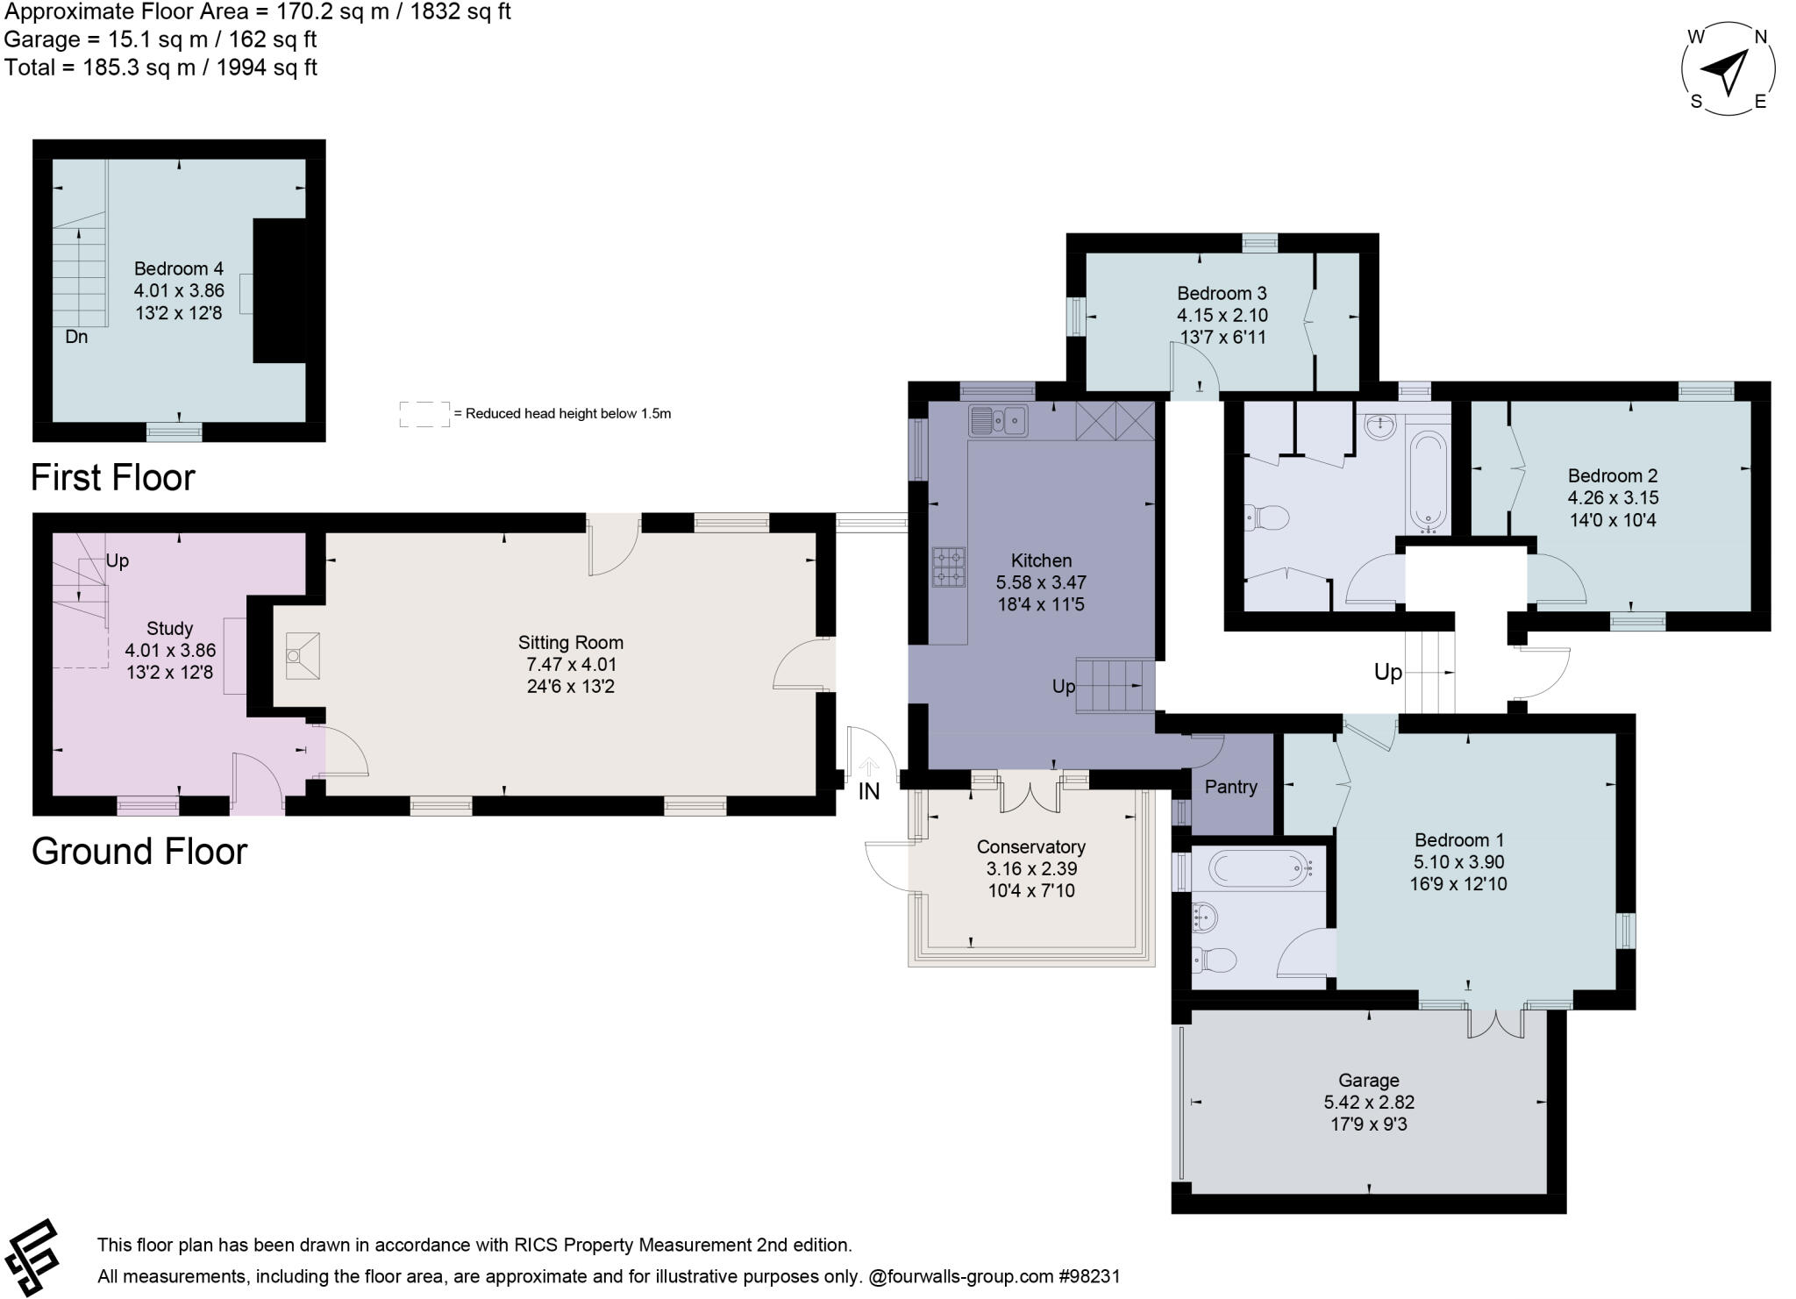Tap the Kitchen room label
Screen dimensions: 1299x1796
(1041, 560)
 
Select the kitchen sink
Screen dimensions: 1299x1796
(998, 421)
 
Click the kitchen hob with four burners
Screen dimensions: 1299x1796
(949, 567)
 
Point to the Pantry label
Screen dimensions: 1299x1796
(1230, 787)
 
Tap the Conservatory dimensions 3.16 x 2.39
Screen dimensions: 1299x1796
(1031, 869)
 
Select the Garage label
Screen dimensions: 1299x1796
(1368, 1080)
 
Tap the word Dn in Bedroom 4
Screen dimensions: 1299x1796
(76, 338)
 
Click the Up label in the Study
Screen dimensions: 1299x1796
(118, 561)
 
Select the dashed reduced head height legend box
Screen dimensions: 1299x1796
(424, 414)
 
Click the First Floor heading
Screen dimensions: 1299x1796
(113, 478)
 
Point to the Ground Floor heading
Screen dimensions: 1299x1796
(139, 852)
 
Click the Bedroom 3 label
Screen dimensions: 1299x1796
(1222, 294)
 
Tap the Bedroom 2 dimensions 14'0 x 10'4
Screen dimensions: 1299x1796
(1613, 520)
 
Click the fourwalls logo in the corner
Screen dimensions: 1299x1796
(32, 1256)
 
